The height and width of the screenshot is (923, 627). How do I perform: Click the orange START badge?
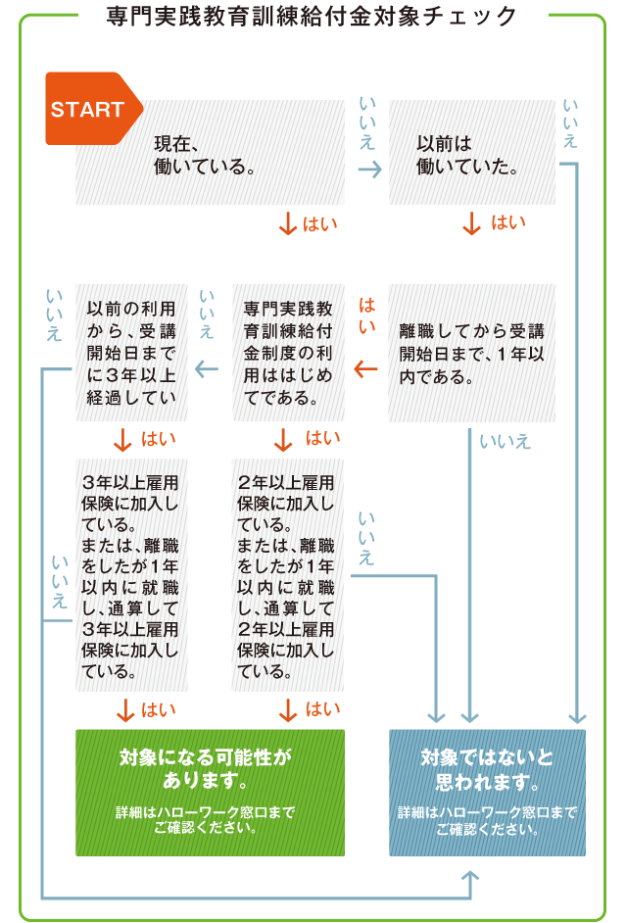coord(90,109)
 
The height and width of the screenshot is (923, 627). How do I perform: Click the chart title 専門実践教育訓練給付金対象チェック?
coord(313,17)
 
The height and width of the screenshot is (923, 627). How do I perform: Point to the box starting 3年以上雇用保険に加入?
coord(132,575)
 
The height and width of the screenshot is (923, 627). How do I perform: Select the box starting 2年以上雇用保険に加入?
coord(288,575)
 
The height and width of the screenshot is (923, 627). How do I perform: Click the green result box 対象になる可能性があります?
coord(210,792)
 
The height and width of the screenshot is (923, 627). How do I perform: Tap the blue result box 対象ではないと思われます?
coord(487,792)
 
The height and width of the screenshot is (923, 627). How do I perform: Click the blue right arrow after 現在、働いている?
coord(368,170)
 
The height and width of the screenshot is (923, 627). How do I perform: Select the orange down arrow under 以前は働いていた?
coord(472,224)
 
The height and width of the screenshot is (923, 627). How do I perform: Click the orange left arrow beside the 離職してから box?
coord(365,368)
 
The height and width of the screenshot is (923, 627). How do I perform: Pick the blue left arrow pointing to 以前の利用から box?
coord(207,368)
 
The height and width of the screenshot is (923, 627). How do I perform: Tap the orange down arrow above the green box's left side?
coord(124,710)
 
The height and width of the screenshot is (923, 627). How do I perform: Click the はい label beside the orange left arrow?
coord(367,315)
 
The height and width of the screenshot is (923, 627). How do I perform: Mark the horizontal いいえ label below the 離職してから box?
coord(506,442)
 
